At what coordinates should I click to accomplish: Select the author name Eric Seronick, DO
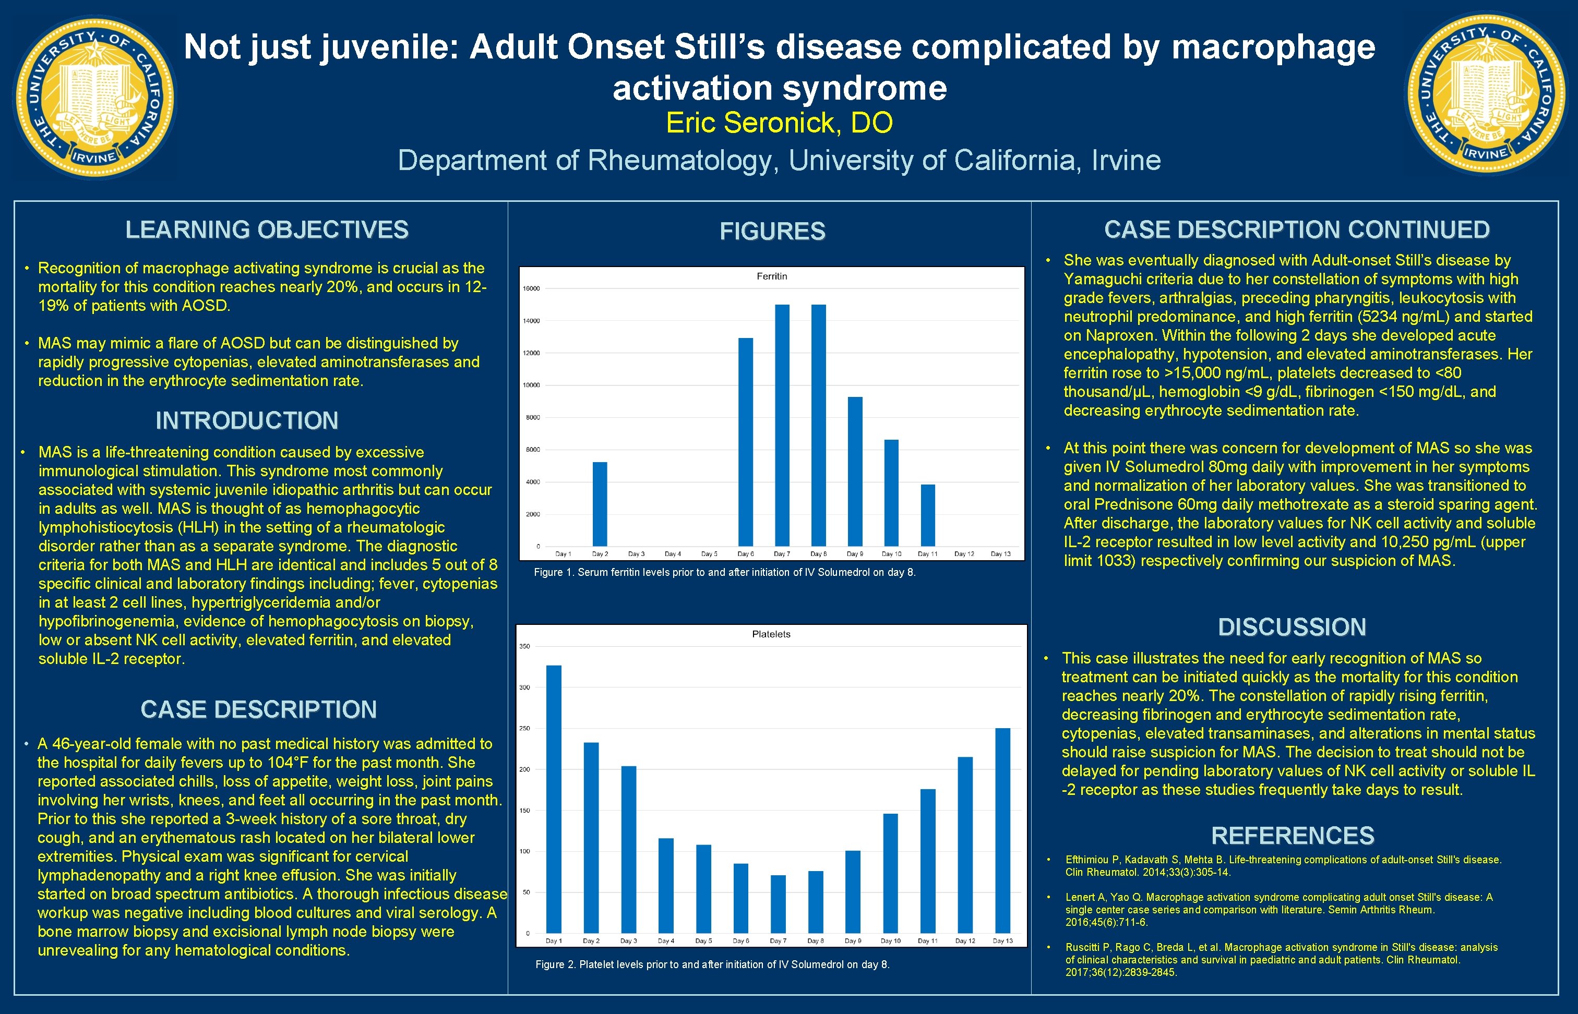coord(779,123)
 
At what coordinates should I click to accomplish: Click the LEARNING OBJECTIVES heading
coord(267,230)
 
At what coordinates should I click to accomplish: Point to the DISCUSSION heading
coord(1292,627)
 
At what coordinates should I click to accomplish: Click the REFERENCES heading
coord(1292,836)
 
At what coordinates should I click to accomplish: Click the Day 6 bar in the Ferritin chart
coord(746,442)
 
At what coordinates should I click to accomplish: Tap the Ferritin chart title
coord(771,276)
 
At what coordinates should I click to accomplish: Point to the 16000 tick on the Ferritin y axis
coord(531,288)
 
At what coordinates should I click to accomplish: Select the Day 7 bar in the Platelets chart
coord(778,903)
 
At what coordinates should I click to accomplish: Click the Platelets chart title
coord(771,634)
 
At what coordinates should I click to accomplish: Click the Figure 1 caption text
coord(724,572)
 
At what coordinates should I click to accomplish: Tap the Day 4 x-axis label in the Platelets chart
coord(666,941)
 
